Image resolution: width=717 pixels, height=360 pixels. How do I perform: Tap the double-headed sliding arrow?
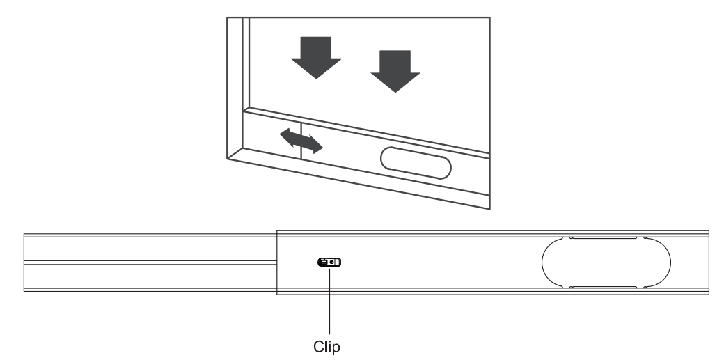coord(301,140)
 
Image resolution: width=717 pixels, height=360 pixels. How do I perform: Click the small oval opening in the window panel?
coord(416,166)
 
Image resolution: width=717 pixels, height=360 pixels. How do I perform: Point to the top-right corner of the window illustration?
coord(490,17)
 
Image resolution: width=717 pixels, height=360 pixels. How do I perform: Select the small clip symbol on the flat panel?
coord(331,263)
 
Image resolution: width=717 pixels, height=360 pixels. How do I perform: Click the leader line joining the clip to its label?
coord(328,299)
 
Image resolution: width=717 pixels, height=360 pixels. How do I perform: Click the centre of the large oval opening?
coord(605,262)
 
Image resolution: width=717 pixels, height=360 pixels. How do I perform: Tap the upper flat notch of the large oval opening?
coord(603,238)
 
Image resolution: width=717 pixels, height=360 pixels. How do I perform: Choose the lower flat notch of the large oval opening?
coord(603,286)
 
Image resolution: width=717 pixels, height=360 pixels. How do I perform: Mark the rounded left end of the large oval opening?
coord(544,262)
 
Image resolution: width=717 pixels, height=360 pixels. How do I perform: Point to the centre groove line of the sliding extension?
coord(150,262)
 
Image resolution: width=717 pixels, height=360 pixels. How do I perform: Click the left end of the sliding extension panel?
coord(25,262)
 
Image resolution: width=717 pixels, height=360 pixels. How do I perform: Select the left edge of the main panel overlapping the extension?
coord(277,262)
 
